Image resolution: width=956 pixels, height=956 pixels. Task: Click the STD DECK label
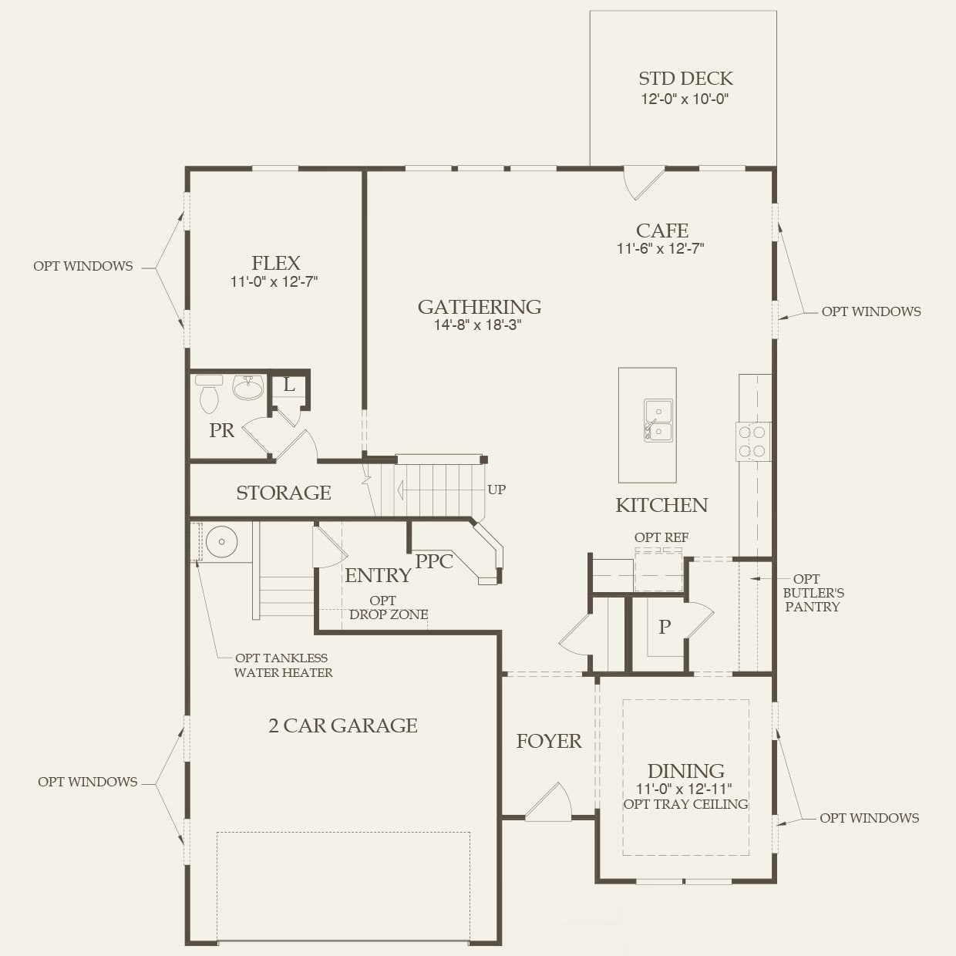pos(685,79)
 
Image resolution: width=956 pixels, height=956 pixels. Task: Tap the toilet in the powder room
pos(209,395)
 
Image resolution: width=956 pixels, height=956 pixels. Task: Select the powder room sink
pos(248,387)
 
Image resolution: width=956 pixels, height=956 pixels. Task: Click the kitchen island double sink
pos(658,420)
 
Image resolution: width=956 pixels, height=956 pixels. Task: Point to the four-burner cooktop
pos(752,442)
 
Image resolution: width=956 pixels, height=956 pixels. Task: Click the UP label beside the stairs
pos(497,490)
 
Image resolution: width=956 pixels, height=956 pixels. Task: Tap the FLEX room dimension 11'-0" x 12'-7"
pos(274,282)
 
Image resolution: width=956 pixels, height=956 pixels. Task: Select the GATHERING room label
pos(479,307)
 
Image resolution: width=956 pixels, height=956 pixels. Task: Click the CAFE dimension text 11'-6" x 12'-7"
pos(660,248)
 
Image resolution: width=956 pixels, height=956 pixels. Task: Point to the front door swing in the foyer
pos(550,803)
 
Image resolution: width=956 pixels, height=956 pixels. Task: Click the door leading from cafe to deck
pos(642,182)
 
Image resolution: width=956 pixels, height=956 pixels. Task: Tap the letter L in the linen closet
pos(289,385)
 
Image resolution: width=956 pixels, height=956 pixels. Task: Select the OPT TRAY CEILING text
pos(685,804)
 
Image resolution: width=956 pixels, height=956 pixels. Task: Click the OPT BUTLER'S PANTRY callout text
pos(813,593)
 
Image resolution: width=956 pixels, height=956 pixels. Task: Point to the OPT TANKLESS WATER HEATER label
pos(283,665)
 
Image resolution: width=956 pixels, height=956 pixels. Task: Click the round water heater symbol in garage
pos(221,542)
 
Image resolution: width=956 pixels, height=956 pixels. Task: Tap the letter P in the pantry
pos(664,627)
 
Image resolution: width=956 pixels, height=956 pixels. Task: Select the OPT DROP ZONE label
pos(388,608)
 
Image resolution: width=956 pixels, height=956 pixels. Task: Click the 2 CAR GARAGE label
pos(343,725)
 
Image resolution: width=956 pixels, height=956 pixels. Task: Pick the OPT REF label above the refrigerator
pos(661,537)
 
